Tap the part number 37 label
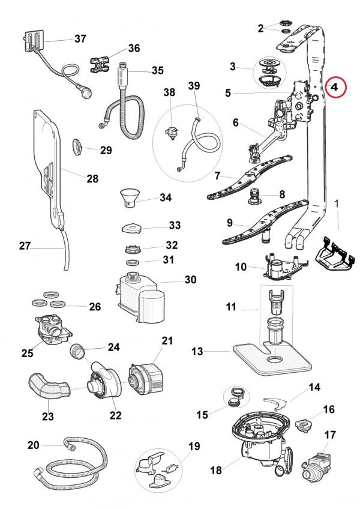click(80, 38)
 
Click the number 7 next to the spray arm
click(218, 176)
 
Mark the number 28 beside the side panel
click(92, 178)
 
